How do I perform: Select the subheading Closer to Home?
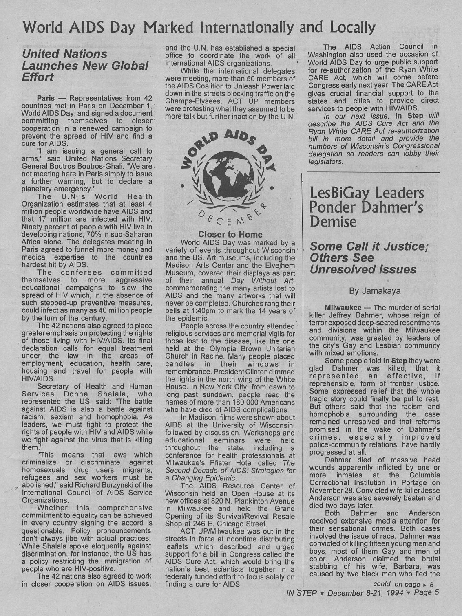coord(230,234)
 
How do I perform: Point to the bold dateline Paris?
coord(46,98)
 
